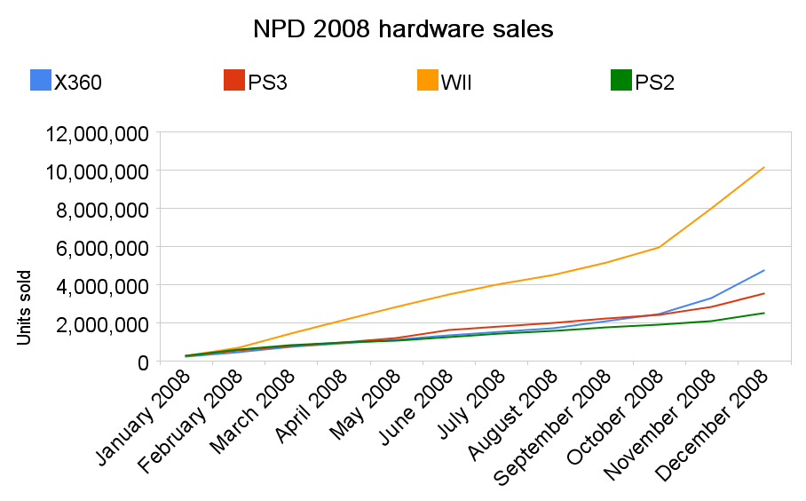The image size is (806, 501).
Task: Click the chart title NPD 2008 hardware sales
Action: pos(403,29)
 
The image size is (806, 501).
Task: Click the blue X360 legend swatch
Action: pos(41,80)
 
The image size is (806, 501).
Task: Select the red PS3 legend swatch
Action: pos(234,80)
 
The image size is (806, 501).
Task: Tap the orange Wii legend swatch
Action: pos(428,80)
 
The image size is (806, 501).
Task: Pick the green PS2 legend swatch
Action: pos(621,80)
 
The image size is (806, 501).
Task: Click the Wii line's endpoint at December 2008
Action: pos(764,167)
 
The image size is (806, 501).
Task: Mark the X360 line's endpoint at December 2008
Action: pos(764,270)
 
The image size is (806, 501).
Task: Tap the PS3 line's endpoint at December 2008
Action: pos(764,293)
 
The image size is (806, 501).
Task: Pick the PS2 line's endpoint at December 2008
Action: pos(764,313)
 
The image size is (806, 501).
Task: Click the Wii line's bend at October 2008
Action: pos(659,247)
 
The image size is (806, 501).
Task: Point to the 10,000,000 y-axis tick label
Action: pos(95,171)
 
